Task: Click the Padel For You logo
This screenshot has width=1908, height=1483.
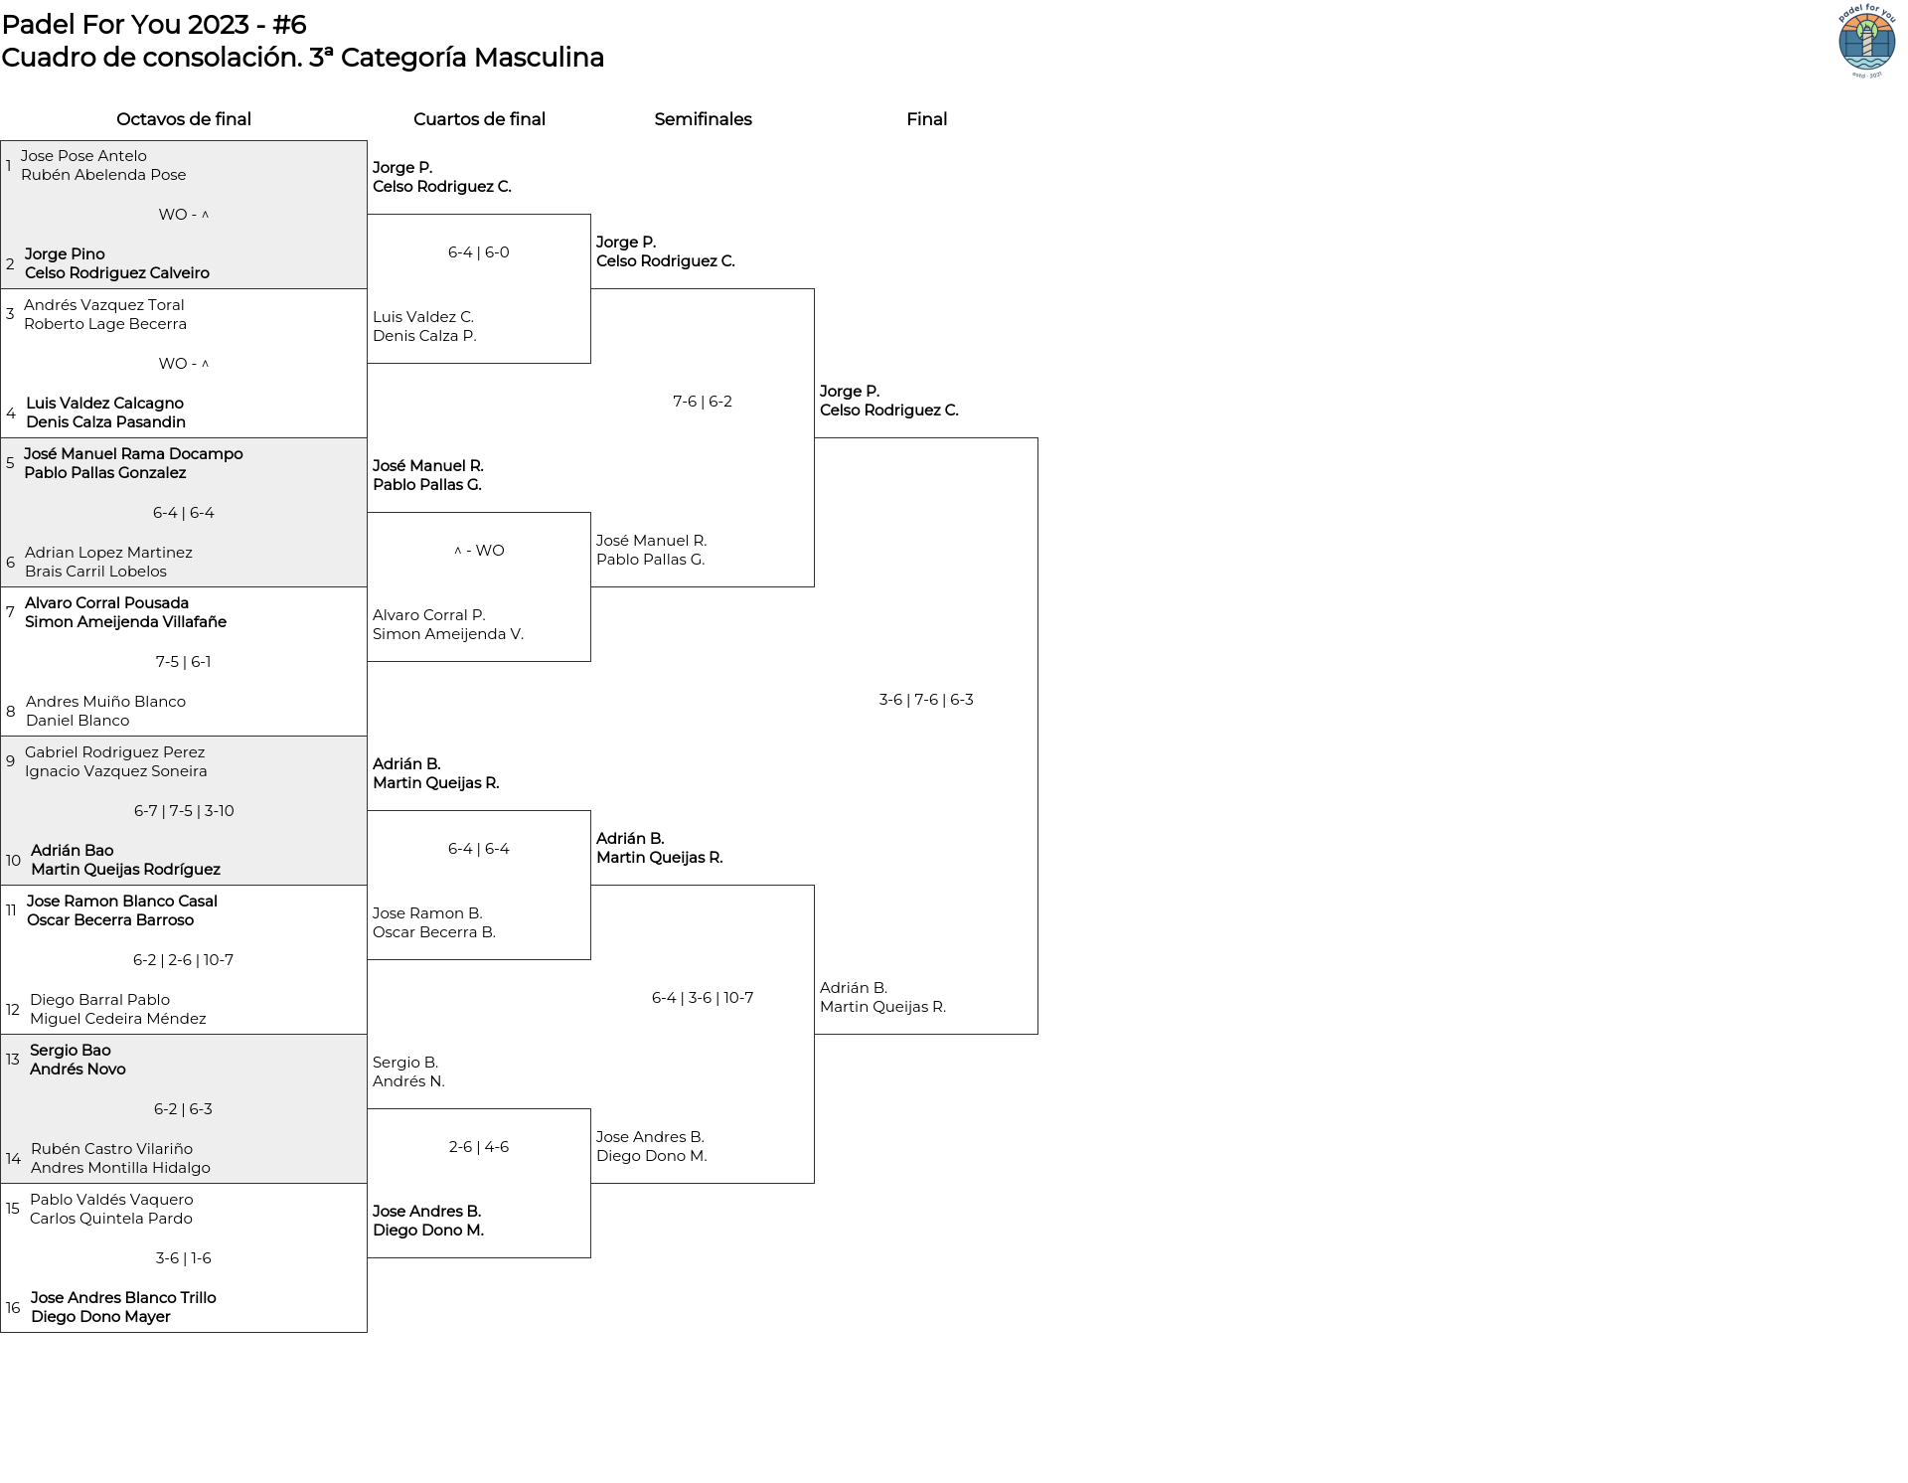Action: point(1866,41)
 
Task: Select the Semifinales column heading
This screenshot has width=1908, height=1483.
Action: point(703,119)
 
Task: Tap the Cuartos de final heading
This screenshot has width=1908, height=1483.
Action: point(479,119)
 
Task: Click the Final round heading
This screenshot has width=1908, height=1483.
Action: point(926,119)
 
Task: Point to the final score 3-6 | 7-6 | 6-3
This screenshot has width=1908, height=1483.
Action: point(926,700)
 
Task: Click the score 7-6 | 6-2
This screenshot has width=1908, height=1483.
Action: point(703,402)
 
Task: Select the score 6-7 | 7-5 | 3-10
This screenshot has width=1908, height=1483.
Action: point(184,811)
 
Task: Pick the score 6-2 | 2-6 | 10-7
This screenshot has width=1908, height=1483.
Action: point(183,960)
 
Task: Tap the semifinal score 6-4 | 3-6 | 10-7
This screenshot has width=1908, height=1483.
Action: point(703,998)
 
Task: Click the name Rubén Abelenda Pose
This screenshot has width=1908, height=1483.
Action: point(103,175)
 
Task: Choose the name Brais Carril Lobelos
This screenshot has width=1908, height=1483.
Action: point(95,572)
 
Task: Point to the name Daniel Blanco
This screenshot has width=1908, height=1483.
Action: point(78,721)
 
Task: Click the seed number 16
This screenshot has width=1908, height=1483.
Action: point(13,1308)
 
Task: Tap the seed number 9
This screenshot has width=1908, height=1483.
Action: point(10,761)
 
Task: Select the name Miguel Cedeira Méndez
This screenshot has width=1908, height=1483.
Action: point(118,1019)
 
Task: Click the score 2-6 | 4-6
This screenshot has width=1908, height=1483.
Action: point(479,1147)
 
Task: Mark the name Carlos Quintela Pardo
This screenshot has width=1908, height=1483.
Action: point(111,1219)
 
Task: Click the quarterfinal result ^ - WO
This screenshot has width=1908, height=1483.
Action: point(479,551)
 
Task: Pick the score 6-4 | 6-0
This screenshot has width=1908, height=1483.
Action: point(479,252)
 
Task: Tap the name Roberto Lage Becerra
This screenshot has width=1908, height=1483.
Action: point(105,324)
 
